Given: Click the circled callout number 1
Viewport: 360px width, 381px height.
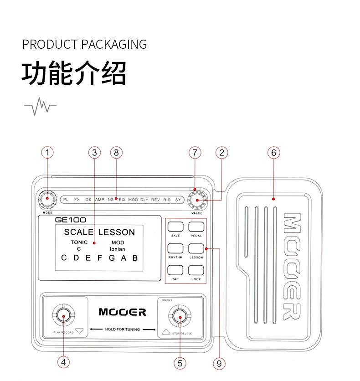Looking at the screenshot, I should coord(47,153).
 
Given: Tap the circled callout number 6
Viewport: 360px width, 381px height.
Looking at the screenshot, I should coord(273,153).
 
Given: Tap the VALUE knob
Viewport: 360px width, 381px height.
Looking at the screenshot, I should coord(197,200).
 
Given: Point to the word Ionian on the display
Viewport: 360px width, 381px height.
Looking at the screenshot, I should coord(118,249).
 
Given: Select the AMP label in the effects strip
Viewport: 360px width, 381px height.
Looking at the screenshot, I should coord(100,200).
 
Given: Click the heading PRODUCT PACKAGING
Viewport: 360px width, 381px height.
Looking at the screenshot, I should coord(85,45).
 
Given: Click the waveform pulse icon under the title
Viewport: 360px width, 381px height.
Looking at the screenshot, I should coord(40,106).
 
